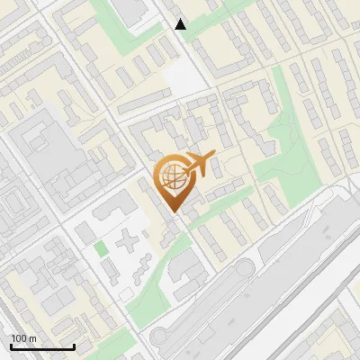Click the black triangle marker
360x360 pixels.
[181, 24]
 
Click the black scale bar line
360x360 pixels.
[41, 347]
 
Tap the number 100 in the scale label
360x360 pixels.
[19, 338]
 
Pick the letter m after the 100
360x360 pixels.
[32, 338]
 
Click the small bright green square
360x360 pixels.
[101, 247]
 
